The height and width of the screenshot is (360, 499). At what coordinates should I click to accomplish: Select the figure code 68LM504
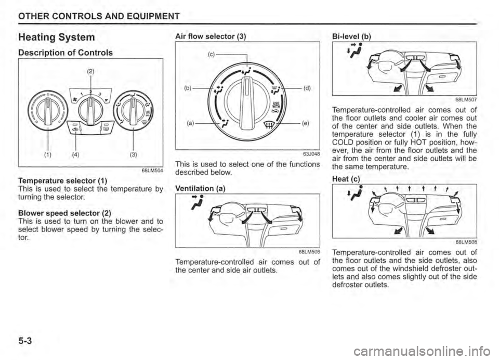click(153, 171)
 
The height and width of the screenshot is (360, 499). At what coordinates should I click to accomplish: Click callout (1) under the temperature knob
click(48, 156)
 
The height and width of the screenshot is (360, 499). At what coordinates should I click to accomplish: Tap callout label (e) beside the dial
click(305, 122)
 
